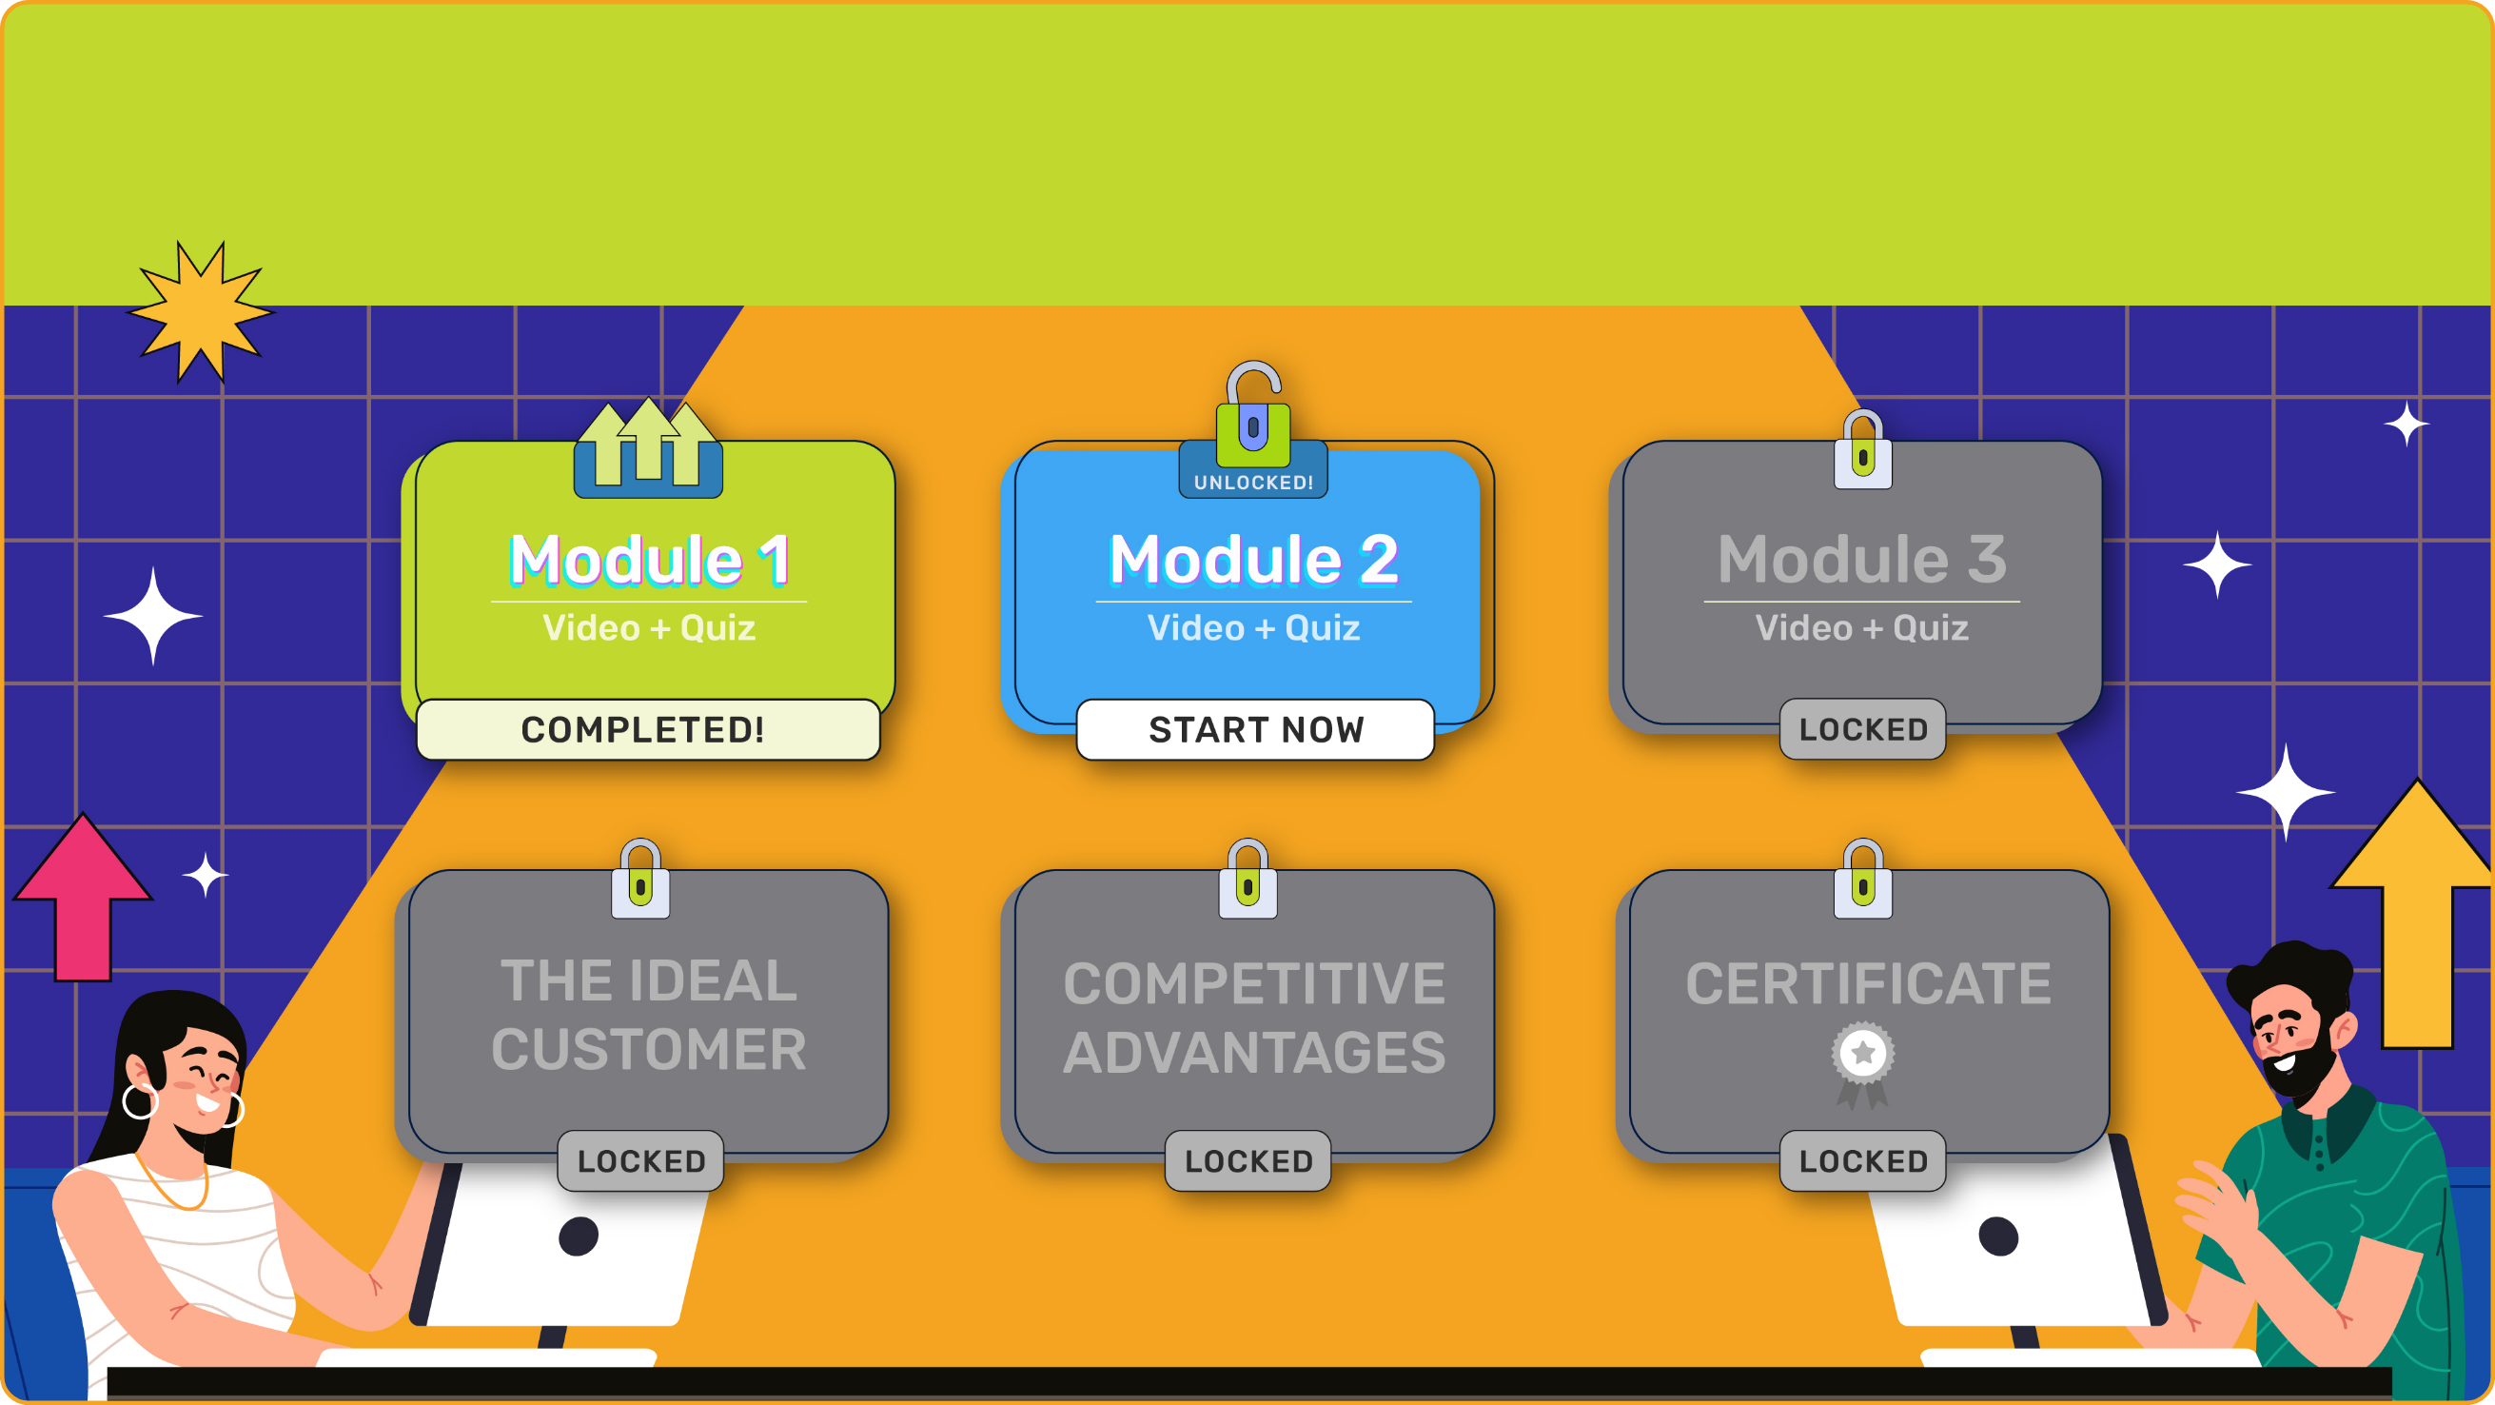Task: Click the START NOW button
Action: point(1255,730)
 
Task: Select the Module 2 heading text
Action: point(1253,559)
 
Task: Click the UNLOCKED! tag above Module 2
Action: point(1253,482)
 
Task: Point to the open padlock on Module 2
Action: point(1253,417)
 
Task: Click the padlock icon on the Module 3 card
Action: point(1862,450)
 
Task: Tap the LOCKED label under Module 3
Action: point(1862,730)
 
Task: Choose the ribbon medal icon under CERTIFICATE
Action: point(1862,1062)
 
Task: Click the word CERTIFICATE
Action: point(1868,983)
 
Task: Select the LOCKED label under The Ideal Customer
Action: point(641,1160)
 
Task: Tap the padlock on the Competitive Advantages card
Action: point(1247,880)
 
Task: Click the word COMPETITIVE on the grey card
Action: point(1254,983)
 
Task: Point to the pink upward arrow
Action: point(83,897)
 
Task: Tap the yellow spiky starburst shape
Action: point(202,312)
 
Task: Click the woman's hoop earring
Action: point(140,1101)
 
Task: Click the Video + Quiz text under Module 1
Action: point(648,628)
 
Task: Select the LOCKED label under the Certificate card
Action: point(1862,1160)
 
